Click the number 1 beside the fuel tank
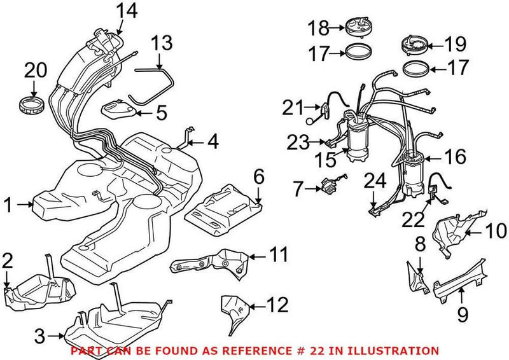pos(9,204)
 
